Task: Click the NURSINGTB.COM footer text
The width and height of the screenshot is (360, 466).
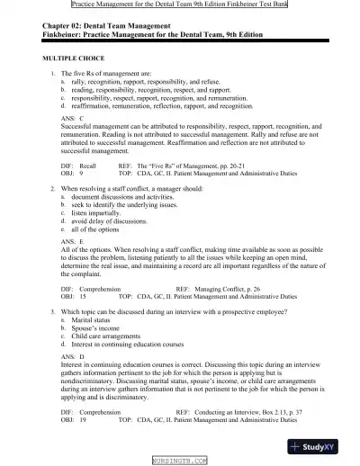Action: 179,460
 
